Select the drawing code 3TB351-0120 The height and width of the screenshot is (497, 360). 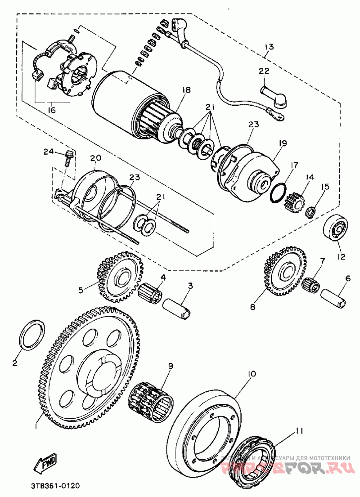[57, 486]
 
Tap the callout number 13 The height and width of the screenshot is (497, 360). [269, 46]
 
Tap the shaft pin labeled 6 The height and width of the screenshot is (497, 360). [333, 300]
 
